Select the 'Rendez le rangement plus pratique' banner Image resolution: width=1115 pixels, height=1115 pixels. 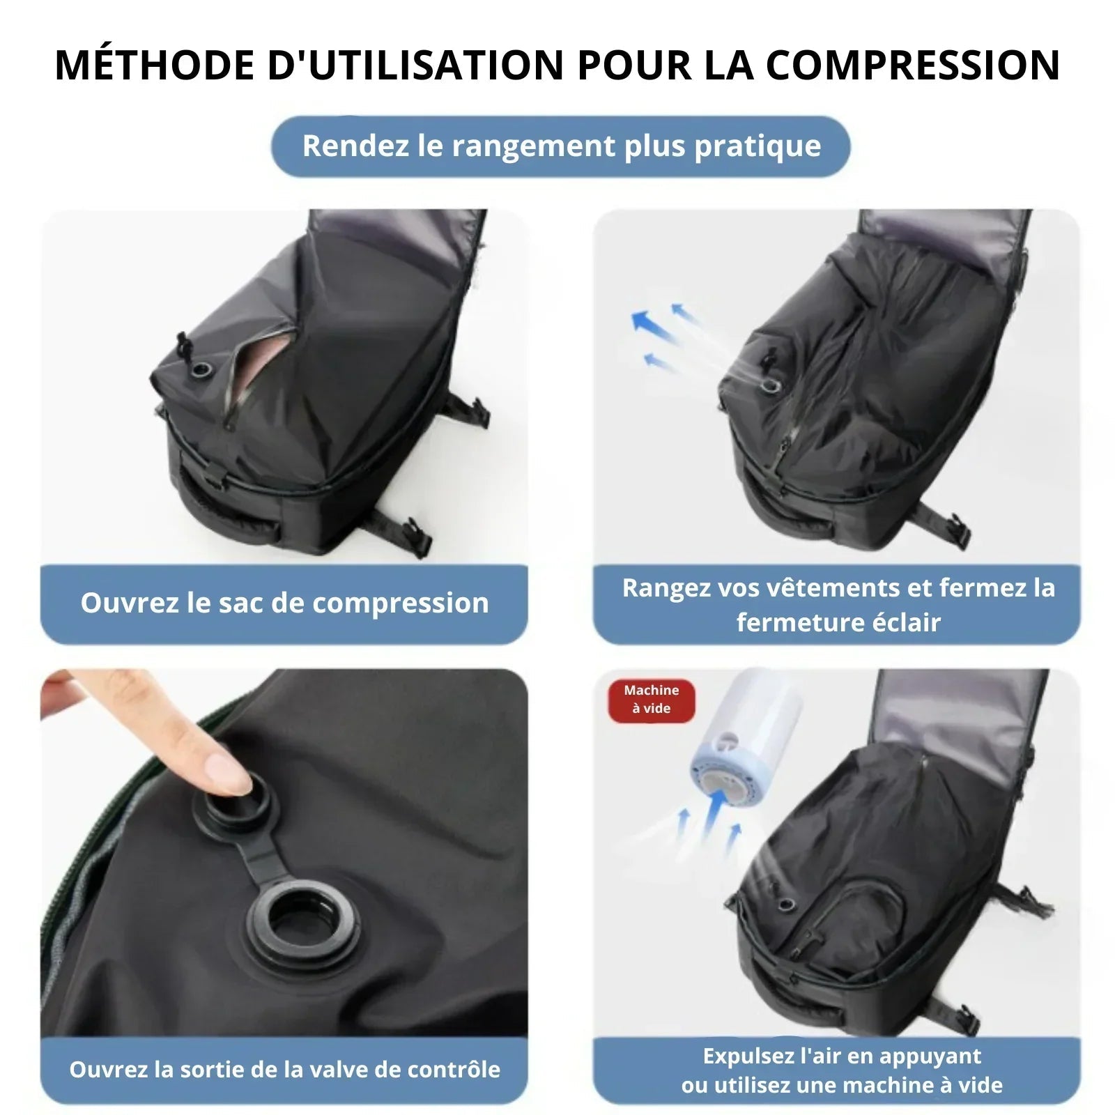click(561, 146)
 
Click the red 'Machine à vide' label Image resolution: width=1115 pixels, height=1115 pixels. click(651, 700)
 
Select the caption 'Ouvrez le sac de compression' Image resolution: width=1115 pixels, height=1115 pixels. click(284, 603)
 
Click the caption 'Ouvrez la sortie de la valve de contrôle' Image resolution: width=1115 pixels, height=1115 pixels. click(284, 1070)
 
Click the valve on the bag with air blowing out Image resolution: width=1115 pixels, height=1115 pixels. click(770, 385)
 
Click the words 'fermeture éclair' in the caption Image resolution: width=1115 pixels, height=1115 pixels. click(838, 622)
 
